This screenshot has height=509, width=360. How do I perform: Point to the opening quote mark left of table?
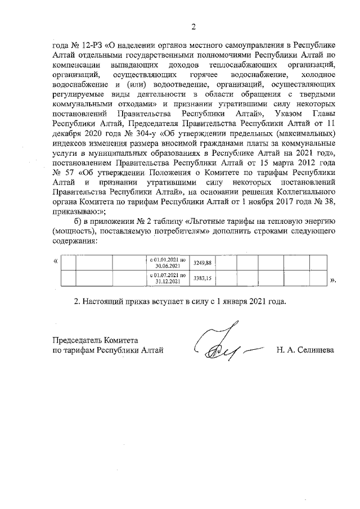[55, 262]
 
